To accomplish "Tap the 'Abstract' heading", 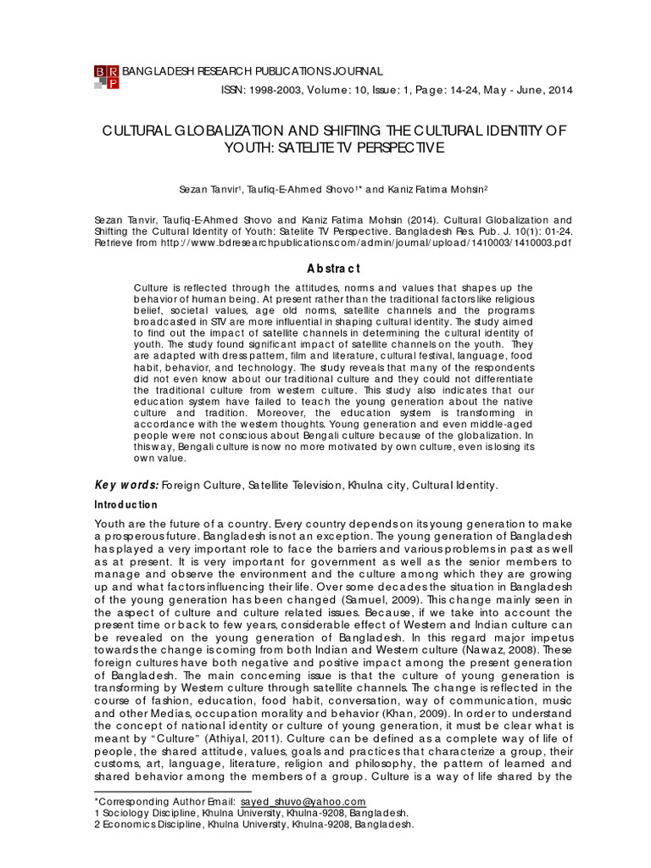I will (x=333, y=269).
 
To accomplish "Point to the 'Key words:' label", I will (x=125, y=485).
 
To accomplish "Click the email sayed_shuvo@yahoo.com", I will (x=303, y=802).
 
